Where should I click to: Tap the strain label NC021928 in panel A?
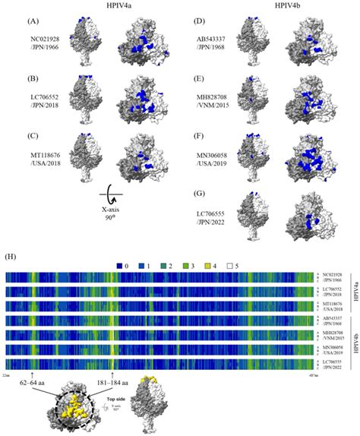[x=43, y=39]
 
